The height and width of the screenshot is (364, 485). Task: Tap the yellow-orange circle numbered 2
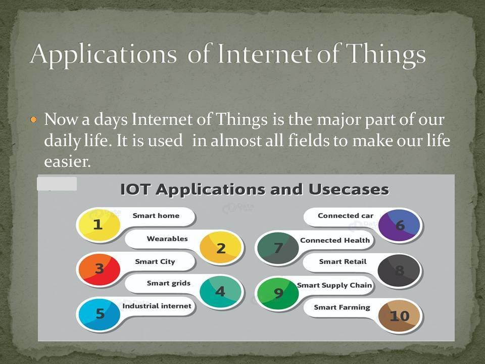(x=220, y=248)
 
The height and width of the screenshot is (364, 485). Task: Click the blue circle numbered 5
(x=100, y=314)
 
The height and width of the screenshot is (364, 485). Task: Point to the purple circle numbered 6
(x=399, y=225)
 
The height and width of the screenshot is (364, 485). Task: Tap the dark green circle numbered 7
(x=278, y=248)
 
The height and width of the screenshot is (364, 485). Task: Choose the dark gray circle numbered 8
(x=399, y=270)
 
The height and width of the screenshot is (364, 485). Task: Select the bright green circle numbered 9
(x=278, y=293)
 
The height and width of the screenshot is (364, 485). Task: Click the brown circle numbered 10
(x=399, y=316)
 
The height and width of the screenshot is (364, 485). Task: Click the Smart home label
(x=156, y=216)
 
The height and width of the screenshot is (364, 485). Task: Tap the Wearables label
(x=167, y=239)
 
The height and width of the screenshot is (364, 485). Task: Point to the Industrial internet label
(x=157, y=306)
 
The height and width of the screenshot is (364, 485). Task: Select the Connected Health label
(x=335, y=240)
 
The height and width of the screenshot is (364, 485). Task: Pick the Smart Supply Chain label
(x=334, y=285)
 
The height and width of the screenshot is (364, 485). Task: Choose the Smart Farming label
(x=342, y=307)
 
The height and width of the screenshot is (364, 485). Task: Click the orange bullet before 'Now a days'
(x=34, y=119)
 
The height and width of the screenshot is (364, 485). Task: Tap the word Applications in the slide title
(x=103, y=54)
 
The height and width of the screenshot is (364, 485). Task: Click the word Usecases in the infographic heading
(x=349, y=190)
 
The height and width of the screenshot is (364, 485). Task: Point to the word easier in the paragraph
(x=67, y=161)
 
